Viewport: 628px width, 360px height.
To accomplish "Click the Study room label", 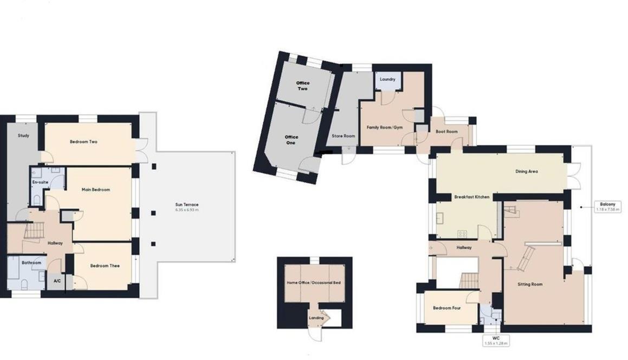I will (x=23, y=136).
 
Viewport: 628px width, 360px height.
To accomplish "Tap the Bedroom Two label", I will (x=83, y=142).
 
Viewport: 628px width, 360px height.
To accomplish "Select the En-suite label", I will (x=38, y=182).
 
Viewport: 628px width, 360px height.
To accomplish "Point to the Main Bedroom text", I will (x=96, y=190).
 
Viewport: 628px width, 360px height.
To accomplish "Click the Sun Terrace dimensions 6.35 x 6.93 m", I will (x=186, y=210).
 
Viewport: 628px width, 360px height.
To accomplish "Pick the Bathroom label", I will (x=31, y=263).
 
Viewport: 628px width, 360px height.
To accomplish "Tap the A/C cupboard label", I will (x=57, y=281).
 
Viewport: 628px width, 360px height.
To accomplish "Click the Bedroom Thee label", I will (x=105, y=266).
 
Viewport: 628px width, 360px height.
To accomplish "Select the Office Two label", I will (x=303, y=86).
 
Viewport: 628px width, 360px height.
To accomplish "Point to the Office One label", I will (x=291, y=140).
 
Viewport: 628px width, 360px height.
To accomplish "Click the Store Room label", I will (x=344, y=136).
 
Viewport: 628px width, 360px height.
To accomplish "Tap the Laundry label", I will (x=387, y=79).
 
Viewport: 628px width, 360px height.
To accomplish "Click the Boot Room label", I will (x=447, y=132).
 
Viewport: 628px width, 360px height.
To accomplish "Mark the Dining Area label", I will (x=526, y=172).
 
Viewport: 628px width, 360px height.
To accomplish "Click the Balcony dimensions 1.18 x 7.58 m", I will (x=606, y=210).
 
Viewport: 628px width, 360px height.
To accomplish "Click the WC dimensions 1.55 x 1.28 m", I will (x=496, y=343).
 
